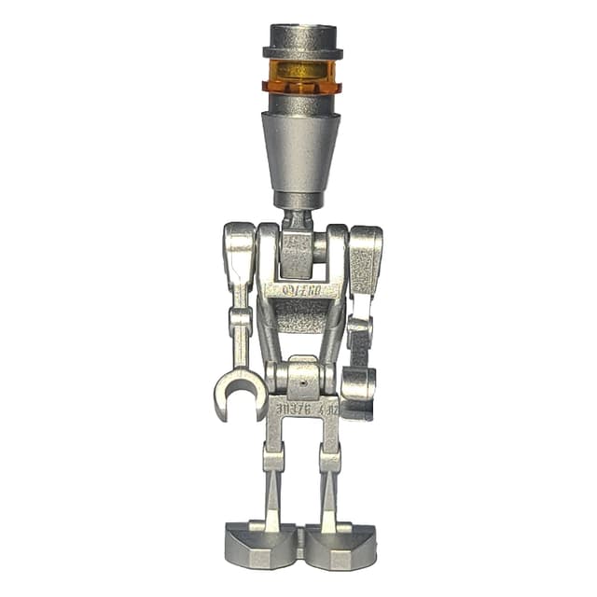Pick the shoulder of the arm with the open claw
(239, 250)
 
